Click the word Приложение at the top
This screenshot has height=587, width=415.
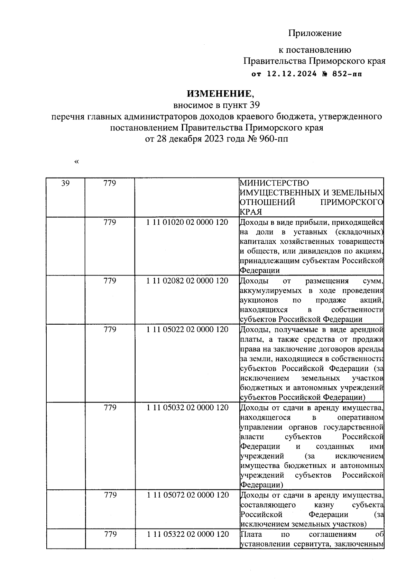315,33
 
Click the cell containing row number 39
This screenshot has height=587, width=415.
65,183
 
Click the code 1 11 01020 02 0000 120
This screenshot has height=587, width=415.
187,223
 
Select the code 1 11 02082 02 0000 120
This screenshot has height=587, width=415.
187,281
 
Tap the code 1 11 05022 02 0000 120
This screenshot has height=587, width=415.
187,329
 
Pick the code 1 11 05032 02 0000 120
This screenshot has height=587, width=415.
187,408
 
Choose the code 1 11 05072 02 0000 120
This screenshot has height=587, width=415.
187,495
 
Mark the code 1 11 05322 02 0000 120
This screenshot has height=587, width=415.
187,534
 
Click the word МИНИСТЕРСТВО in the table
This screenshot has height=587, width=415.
274,183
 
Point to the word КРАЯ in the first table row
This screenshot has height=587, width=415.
251,212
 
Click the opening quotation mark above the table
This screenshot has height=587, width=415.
76,162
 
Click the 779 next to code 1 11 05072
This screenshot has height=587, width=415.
110,495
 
